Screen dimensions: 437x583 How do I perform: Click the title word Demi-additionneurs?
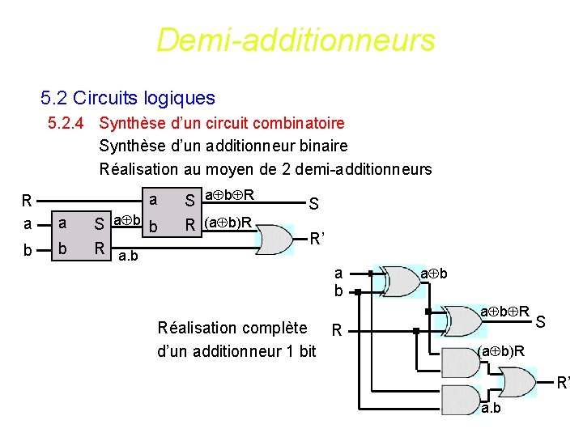click(x=296, y=39)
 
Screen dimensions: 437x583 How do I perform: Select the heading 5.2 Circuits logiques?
click(x=127, y=99)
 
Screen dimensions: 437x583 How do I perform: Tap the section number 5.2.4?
click(x=69, y=124)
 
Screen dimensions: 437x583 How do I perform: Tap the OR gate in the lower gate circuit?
click(x=517, y=381)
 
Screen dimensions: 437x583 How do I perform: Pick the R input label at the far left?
click(x=27, y=200)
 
